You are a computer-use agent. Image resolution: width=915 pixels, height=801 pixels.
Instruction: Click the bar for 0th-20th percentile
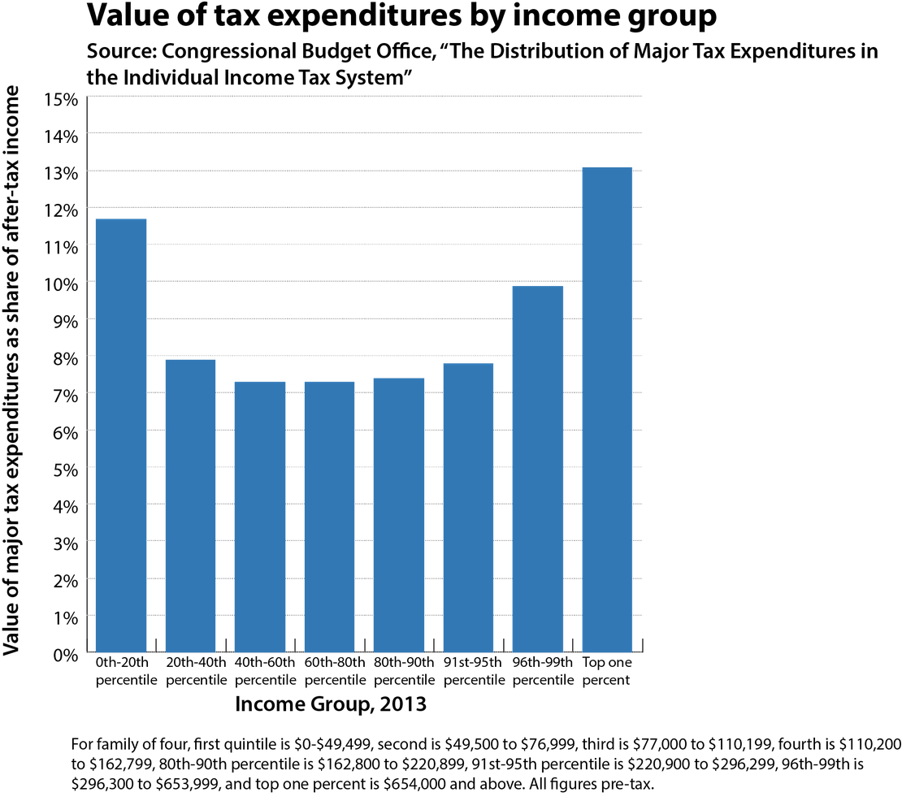[121, 435]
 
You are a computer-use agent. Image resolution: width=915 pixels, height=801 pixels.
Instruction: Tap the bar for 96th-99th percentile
[537, 469]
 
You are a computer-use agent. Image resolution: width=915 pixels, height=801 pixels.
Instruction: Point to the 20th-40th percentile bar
[190, 505]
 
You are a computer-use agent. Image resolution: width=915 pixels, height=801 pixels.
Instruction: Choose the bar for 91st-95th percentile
[468, 508]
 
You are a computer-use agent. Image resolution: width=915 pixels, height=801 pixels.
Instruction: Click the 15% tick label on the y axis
[61, 99]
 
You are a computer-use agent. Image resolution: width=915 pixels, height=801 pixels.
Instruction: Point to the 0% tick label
[65, 654]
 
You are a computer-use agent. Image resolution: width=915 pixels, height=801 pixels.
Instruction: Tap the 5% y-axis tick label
[65, 469]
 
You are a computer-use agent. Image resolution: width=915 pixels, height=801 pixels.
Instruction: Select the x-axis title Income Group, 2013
[330, 704]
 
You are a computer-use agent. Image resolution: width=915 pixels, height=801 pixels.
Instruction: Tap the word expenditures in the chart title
[321, 17]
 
